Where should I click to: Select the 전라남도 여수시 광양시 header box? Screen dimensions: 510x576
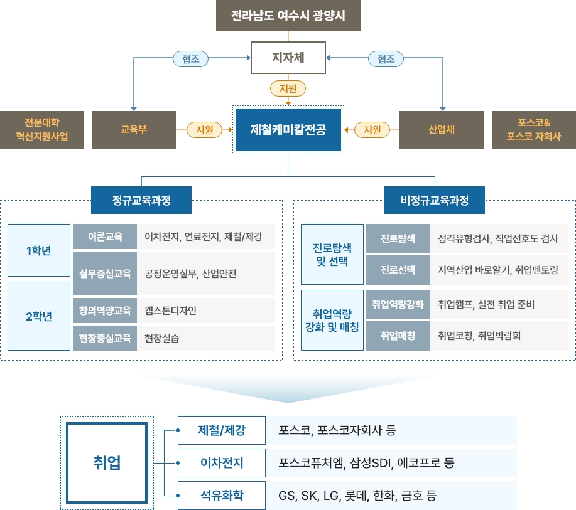tap(288, 16)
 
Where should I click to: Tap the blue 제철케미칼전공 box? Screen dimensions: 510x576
tap(288, 130)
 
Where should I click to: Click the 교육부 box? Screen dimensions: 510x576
tap(134, 130)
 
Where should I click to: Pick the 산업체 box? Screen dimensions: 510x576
tap(442, 130)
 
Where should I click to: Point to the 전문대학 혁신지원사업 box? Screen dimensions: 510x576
tap(42, 130)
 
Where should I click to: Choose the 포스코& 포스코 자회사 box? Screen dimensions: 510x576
tap(534, 130)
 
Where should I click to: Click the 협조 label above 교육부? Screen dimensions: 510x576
tap(190, 59)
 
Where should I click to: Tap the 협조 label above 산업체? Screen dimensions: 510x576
tap(386, 59)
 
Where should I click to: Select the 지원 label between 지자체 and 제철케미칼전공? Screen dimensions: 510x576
tap(288, 88)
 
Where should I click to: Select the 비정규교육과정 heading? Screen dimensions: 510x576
tap(435, 201)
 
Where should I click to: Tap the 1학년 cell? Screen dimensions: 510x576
tap(39, 250)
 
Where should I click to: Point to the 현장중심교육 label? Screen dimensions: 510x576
tap(105, 338)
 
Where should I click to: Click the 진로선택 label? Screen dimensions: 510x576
tap(398, 270)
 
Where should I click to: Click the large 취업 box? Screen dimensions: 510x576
tap(107, 464)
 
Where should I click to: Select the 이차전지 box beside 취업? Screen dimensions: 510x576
tap(222, 464)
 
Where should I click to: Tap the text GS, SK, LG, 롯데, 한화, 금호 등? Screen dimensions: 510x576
tap(358, 496)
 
